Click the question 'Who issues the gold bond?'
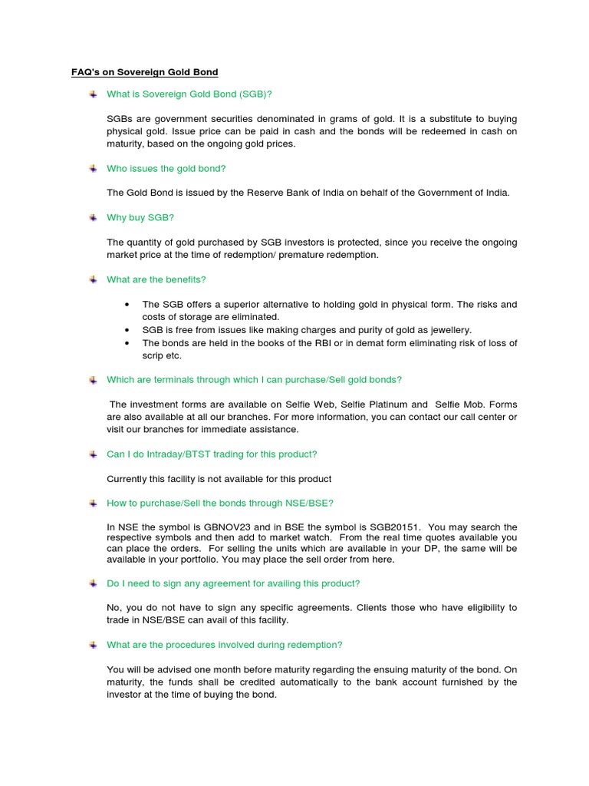coord(166,168)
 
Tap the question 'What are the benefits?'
coord(156,279)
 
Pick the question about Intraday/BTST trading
coord(212,454)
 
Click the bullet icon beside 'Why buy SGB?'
coord(92,218)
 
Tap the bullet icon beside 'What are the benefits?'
coord(92,279)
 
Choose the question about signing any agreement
coord(233,583)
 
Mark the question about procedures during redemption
coord(225,645)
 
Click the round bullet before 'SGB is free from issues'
coord(127,330)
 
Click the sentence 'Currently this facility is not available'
coord(219,479)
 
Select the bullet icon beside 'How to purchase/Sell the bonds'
coord(92,503)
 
